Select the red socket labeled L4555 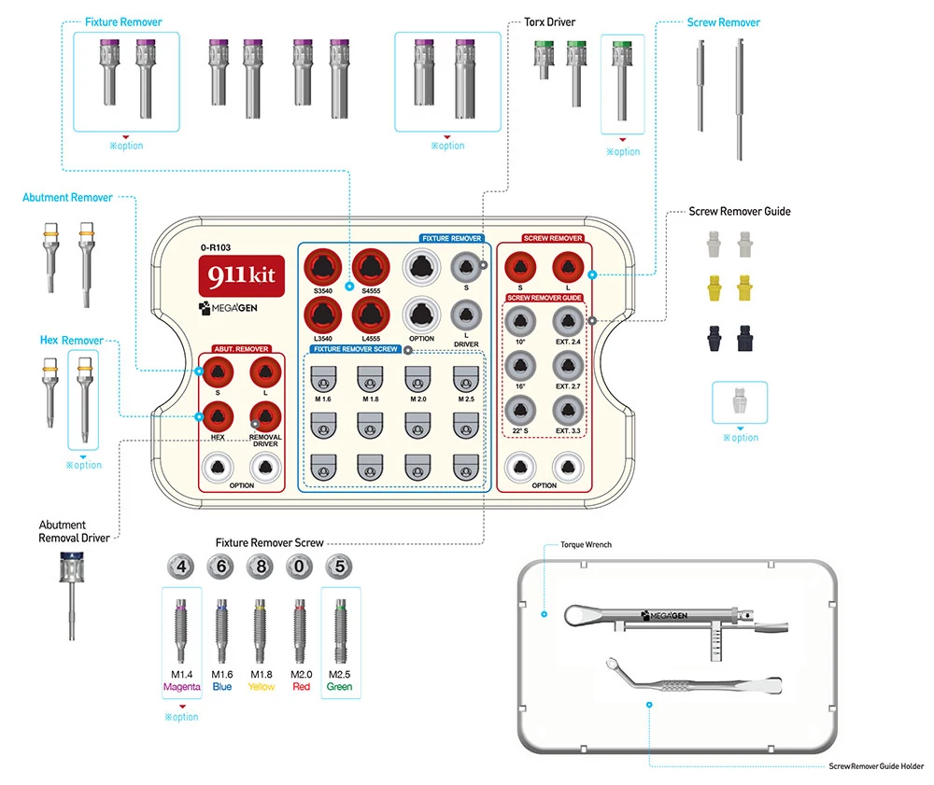pos(371,315)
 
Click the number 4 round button pos(181,566)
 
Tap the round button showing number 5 pos(340,566)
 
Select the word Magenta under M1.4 pos(181,687)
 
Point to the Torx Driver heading pos(556,22)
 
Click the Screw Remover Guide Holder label pos(875,766)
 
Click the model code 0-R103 pos(215,248)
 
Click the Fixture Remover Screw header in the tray pos(355,349)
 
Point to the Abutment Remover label pos(67,198)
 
